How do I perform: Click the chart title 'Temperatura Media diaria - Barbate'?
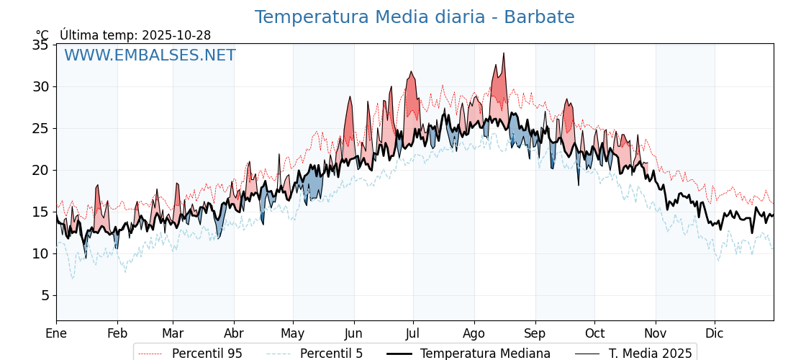pos(414,17)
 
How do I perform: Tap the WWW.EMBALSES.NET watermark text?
pos(150,55)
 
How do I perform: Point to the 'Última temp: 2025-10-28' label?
pos(135,35)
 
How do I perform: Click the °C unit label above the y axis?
pos(42,35)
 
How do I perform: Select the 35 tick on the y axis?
pos(40,45)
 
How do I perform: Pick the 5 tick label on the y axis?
pos(44,295)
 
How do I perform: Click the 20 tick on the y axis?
pos(40,170)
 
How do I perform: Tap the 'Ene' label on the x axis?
pos(56,333)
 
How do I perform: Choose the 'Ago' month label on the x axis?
pos(474,333)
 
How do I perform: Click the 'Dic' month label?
pos(715,333)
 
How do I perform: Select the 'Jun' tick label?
pos(353,333)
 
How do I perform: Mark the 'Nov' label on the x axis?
pos(656,333)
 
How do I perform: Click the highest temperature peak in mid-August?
pos(504,53)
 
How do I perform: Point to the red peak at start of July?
pos(411,72)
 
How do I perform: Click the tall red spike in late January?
pos(98,186)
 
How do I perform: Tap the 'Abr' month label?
pos(234,333)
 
